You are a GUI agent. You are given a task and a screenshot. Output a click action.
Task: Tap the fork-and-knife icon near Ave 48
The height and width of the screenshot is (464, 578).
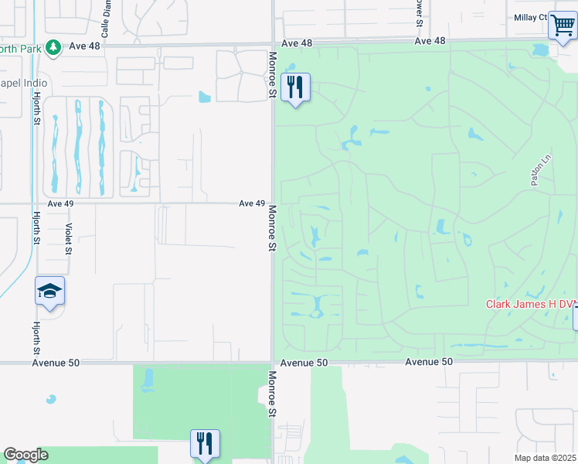(294, 87)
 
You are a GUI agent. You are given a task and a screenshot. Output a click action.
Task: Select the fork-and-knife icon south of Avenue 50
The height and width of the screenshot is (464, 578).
(205, 444)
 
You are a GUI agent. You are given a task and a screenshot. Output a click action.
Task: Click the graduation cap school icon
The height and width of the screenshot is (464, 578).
(49, 292)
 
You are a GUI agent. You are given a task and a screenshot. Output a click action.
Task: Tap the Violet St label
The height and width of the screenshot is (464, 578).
(69, 239)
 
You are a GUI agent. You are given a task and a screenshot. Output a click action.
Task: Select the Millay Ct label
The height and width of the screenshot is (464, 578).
(530, 17)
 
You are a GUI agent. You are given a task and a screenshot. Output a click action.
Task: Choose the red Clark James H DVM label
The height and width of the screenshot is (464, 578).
(530, 304)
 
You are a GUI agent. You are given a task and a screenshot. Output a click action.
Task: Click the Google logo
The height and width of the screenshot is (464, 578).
(25, 455)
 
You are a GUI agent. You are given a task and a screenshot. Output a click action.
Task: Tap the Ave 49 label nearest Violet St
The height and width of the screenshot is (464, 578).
(60, 203)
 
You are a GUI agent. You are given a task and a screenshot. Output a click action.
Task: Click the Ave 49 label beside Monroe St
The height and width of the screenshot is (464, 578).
(252, 203)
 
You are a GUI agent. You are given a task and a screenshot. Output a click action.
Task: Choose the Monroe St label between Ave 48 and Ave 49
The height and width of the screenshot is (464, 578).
(273, 75)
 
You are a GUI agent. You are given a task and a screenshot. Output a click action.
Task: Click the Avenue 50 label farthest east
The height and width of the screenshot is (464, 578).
(429, 361)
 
